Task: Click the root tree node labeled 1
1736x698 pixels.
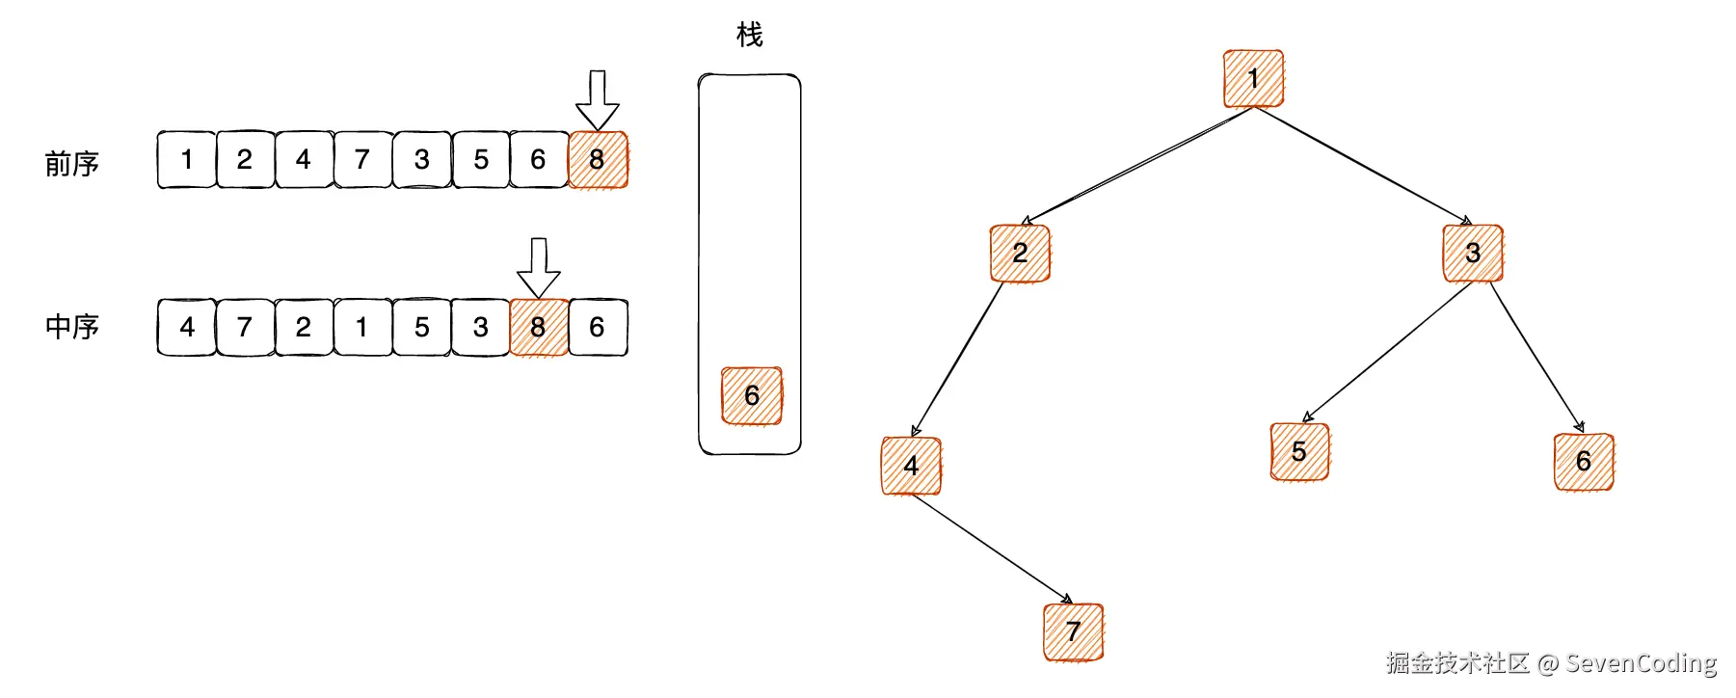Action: (x=1253, y=79)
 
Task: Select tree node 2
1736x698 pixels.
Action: (x=1020, y=254)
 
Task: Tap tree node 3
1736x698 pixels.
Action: (x=1472, y=254)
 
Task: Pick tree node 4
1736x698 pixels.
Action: (x=911, y=466)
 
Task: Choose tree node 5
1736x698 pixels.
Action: (x=1299, y=451)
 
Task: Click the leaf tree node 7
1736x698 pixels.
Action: (x=1073, y=632)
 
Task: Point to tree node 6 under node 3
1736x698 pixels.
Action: (x=1583, y=462)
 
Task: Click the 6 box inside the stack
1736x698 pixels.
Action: (x=752, y=395)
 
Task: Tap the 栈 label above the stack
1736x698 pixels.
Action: (x=749, y=36)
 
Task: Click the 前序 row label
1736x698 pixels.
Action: (x=72, y=164)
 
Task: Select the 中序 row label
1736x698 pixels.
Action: (x=72, y=327)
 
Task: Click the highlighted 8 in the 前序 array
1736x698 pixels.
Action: (x=598, y=160)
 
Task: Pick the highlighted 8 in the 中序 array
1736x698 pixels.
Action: (x=538, y=328)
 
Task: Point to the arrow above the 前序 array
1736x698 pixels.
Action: (x=598, y=99)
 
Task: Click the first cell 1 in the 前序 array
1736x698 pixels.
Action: (x=186, y=160)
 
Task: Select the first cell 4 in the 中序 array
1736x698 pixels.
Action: (x=186, y=328)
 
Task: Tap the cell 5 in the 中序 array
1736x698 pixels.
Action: (x=421, y=328)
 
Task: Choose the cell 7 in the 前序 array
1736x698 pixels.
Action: (x=362, y=160)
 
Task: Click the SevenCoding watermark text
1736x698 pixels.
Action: (x=1641, y=663)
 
